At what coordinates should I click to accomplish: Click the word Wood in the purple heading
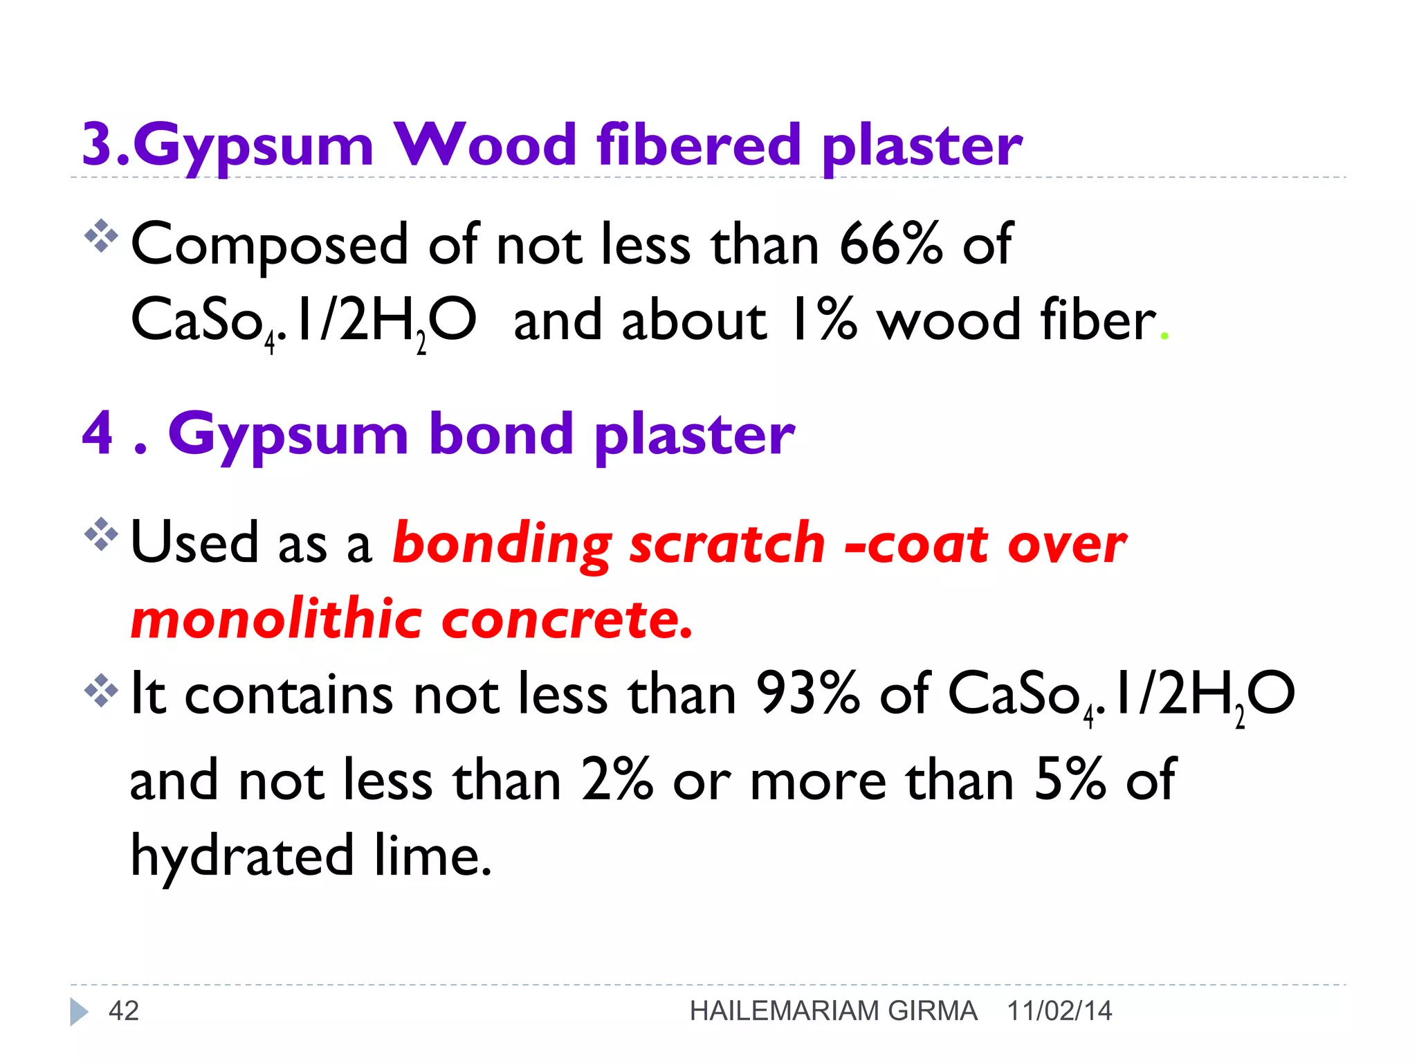485,145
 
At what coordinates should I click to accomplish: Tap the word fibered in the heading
698,145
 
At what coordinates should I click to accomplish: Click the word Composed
270,246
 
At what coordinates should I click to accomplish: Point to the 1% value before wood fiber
823,320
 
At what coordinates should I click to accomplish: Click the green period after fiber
1164,336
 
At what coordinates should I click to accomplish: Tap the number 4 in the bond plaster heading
98,433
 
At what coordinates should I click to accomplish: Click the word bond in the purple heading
501,435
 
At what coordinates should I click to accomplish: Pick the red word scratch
727,543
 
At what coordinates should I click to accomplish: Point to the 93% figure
807,693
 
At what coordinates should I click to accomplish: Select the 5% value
1070,779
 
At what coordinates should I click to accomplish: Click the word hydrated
243,855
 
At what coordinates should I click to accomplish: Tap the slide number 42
124,1011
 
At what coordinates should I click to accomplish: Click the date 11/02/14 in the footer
1059,1011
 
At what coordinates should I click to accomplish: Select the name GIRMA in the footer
932,1011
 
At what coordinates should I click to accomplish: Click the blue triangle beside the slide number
79,1012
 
